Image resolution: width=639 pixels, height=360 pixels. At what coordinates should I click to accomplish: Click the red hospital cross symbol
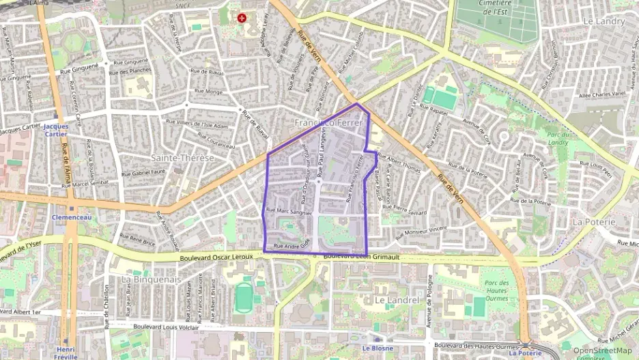click(x=242, y=17)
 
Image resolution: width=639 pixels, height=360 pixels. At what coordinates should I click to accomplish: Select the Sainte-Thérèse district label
click(x=182, y=158)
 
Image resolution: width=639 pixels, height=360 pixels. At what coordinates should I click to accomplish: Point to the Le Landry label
click(x=604, y=21)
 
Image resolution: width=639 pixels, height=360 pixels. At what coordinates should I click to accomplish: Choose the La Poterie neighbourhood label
click(x=594, y=222)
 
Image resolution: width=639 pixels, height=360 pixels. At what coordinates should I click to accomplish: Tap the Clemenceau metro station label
click(x=72, y=217)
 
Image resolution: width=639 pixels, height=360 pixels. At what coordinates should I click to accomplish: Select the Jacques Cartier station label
click(x=55, y=130)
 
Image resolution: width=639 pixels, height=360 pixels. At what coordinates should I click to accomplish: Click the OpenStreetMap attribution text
click(x=601, y=350)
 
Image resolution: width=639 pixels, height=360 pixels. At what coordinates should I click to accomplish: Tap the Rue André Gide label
click(x=292, y=245)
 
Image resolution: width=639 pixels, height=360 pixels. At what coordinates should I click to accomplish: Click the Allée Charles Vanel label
click(x=602, y=94)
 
